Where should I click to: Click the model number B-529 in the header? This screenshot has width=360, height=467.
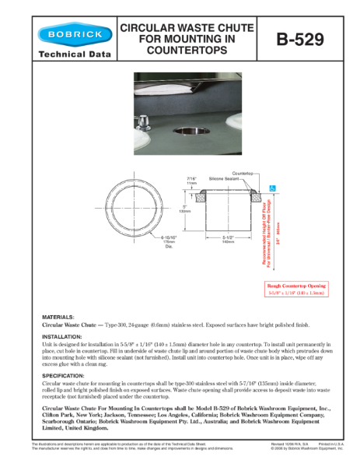300,40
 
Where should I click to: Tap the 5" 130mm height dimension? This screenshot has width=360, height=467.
185,209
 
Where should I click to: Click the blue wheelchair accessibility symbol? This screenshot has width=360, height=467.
271,188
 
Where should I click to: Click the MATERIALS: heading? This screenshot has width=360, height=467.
58,318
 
